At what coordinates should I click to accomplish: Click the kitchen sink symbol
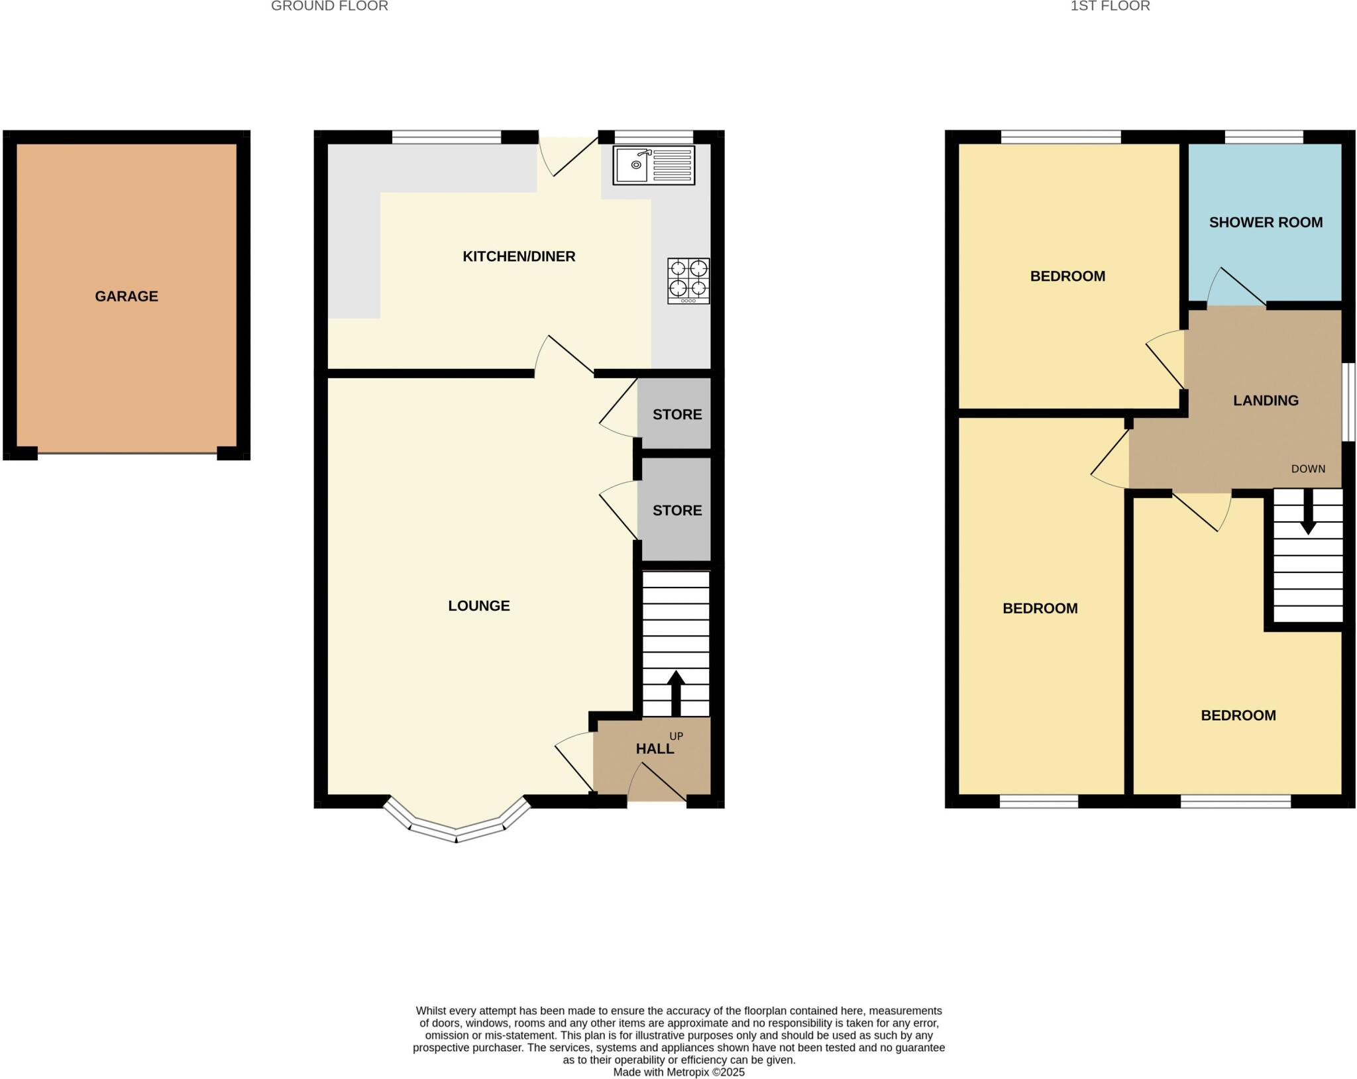653,166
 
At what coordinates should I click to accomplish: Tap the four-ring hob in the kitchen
688,281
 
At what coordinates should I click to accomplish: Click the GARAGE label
127,296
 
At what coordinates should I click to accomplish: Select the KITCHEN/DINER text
519,256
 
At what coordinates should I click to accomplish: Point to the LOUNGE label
479,605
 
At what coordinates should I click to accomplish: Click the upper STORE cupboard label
677,415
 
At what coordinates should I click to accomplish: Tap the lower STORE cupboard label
677,510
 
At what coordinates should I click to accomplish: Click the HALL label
655,748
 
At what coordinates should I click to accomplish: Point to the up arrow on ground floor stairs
675,692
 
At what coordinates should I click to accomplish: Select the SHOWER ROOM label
1266,223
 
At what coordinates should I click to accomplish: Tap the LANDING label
1266,400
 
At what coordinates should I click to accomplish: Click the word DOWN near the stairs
1308,469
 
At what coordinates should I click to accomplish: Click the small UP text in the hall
676,736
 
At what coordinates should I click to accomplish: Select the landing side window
1348,401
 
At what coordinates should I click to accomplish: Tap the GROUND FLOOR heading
329,7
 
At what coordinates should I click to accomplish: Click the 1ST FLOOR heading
1110,7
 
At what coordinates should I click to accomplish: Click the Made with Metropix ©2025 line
678,1072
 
